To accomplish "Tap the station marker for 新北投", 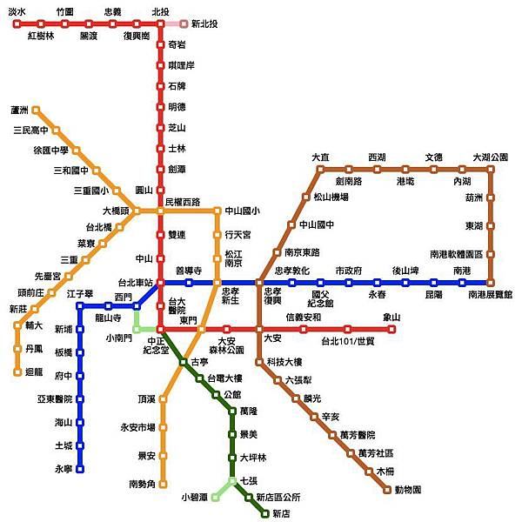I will point(184,23).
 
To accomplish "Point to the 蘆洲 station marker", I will point(36,110).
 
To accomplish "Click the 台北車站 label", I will point(135,283).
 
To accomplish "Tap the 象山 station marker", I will point(392,329).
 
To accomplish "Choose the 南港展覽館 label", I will point(490,295).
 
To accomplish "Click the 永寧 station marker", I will point(80,468).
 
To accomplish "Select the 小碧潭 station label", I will point(194,498).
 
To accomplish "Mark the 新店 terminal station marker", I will point(265,513).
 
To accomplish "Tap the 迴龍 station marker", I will point(17,371).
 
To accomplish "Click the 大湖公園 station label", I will point(490,157).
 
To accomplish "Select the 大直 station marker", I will point(320,170).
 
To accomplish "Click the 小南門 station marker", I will point(137,328).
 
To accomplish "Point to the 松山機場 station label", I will point(330,197).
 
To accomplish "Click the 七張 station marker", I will point(232,480).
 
